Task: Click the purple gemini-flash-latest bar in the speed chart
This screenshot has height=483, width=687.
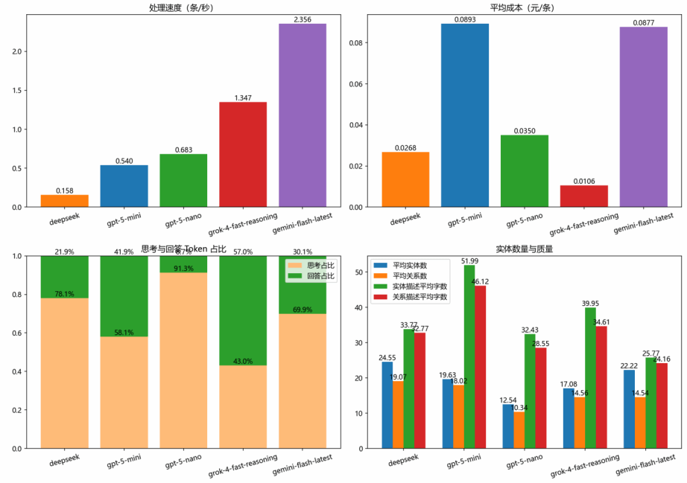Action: click(x=302, y=115)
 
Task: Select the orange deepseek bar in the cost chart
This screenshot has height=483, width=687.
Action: click(x=405, y=179)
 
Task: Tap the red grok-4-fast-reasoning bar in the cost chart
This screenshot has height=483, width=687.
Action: click(x=584, y=196)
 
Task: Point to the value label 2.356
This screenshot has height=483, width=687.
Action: click(x=302, y=19)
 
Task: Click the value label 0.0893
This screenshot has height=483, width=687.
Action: click(x=465, y=19)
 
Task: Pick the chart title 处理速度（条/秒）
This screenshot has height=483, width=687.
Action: click(x=183, y=7)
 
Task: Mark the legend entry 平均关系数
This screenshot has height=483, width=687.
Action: click(x=410, y=275)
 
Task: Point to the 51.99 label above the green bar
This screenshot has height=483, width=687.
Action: click(x=469, y=260)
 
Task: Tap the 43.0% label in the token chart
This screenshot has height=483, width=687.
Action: click(x=243, y=361)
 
